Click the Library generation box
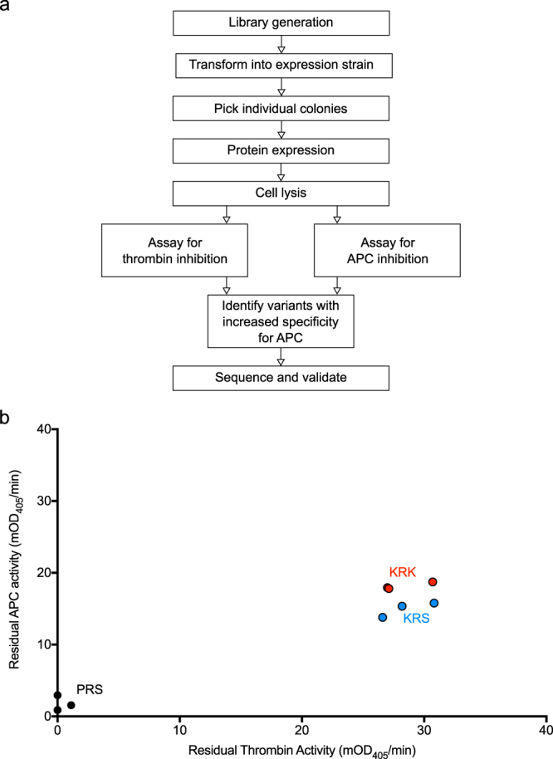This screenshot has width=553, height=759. (x=281, y=23)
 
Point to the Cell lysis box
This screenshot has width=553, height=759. (x=281, y=194)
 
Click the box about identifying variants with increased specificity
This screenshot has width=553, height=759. (x=281, y=317)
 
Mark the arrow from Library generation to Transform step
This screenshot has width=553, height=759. (x=281, y=43)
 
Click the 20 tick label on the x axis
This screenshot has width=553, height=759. (x=301, y=729)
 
